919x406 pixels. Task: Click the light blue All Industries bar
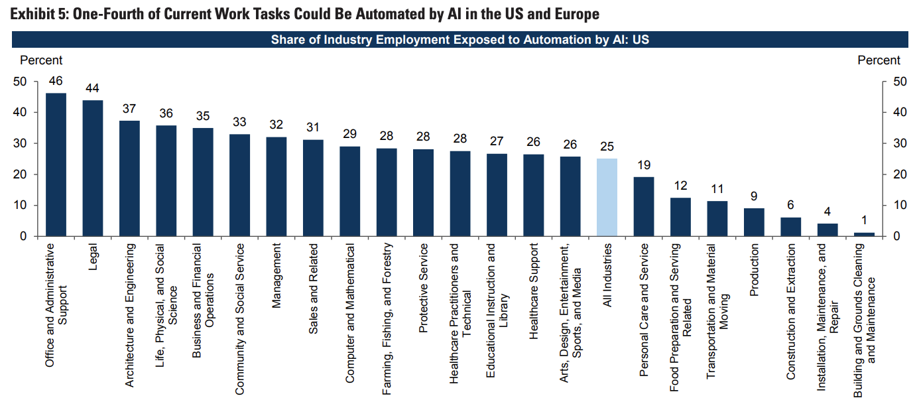[x=607, y=197]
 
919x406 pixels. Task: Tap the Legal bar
[x=92, y=168]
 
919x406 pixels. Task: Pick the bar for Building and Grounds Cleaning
[x=864, y=234]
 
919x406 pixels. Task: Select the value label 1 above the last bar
[x=864, y=221]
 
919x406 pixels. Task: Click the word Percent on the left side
[x=41, y=60]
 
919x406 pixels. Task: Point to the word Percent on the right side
[x=879, y=60]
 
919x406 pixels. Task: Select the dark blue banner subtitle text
[x=459, y=40]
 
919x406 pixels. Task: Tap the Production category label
[x=754, y=269]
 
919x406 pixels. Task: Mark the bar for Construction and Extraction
[x=790, y=227]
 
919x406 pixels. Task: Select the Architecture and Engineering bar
[x=129, y=178]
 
